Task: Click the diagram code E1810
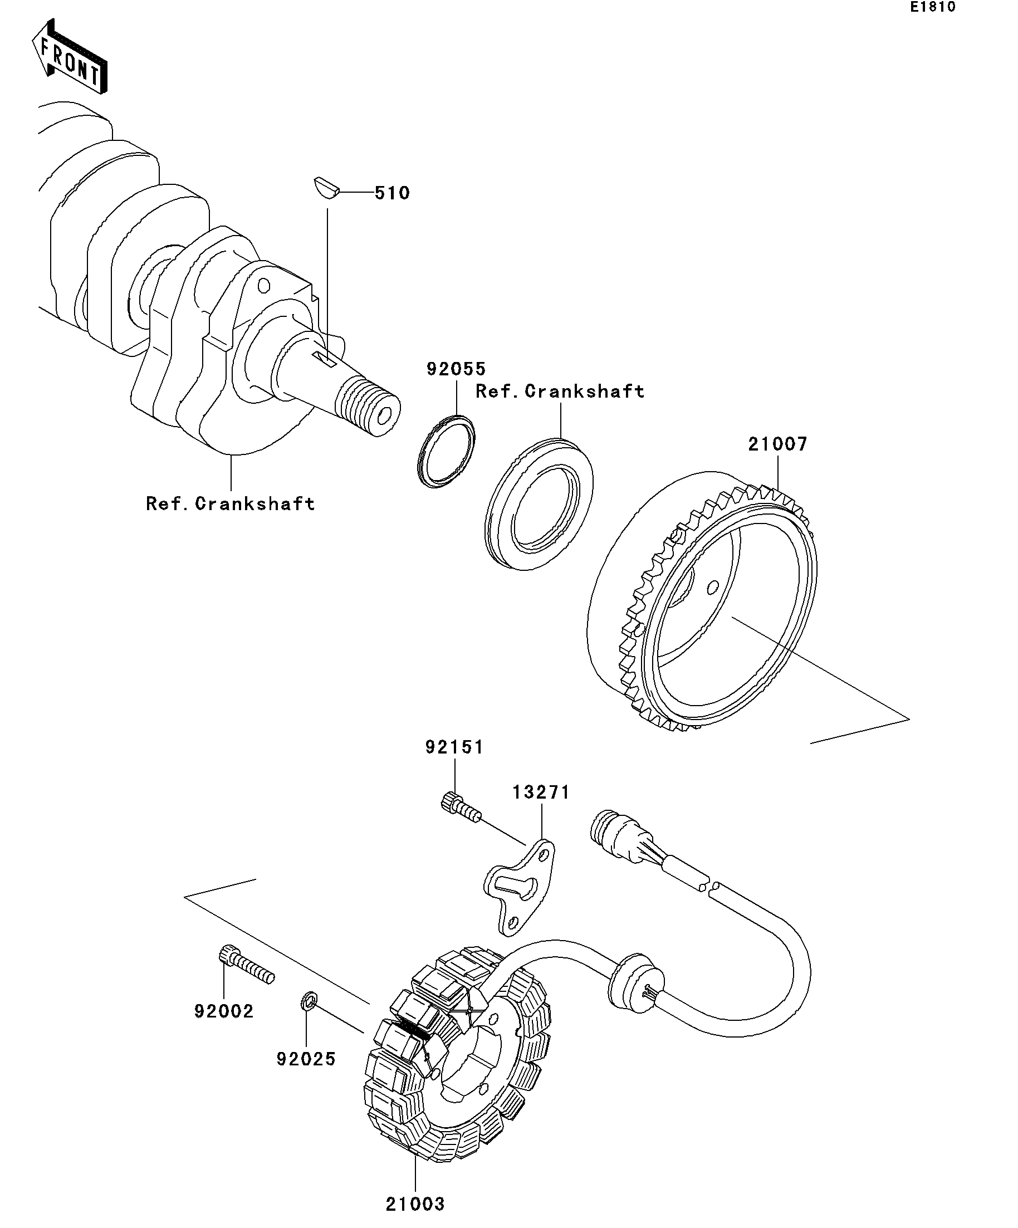click(x=932, y=7)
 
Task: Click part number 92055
click(x=456, y=369)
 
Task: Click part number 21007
click(x=777, y=444)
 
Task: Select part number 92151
click(x=454, y=747)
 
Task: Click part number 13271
click(x=541, y=792)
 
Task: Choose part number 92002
click(x=224, y=1011)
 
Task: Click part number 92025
click(x=306, y=1059)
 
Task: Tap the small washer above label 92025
click(x=308, y=1001)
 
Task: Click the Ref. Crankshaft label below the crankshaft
click(x=231, y=504)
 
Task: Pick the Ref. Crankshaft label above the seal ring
click(x=560, y=391)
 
